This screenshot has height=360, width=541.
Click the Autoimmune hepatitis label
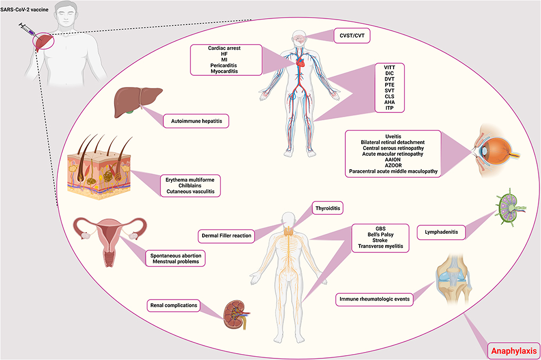(196, 121)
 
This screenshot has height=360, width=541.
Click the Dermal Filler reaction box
(227, 234)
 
